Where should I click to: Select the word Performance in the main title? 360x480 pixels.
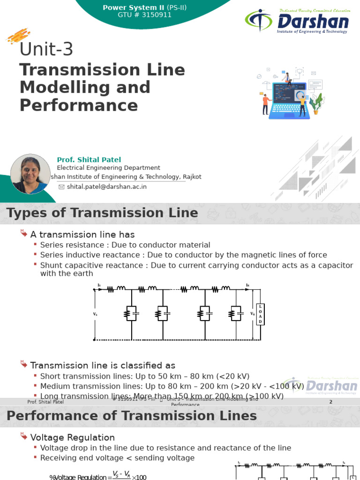click(79, 105)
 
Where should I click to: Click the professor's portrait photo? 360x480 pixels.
click(30, 174)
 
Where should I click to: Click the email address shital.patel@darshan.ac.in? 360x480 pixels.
click(107, 187)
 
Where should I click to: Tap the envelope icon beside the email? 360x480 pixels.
click(61, 187)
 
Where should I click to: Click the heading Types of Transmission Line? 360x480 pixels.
click(102, 213)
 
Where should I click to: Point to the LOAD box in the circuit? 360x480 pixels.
click(261, 313)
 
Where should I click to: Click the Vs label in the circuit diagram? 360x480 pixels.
click(96, 314)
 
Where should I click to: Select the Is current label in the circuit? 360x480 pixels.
click(99, 285)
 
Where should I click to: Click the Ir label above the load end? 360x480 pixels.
click(247, 285)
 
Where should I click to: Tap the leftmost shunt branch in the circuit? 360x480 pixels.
click(131, 313)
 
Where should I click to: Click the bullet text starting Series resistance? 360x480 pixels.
click(125, 245)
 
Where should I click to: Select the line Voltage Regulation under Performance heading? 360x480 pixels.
click(72, 437)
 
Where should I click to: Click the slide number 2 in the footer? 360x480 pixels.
click(330, 402)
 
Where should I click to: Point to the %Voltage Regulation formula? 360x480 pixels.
click(98, 476)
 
